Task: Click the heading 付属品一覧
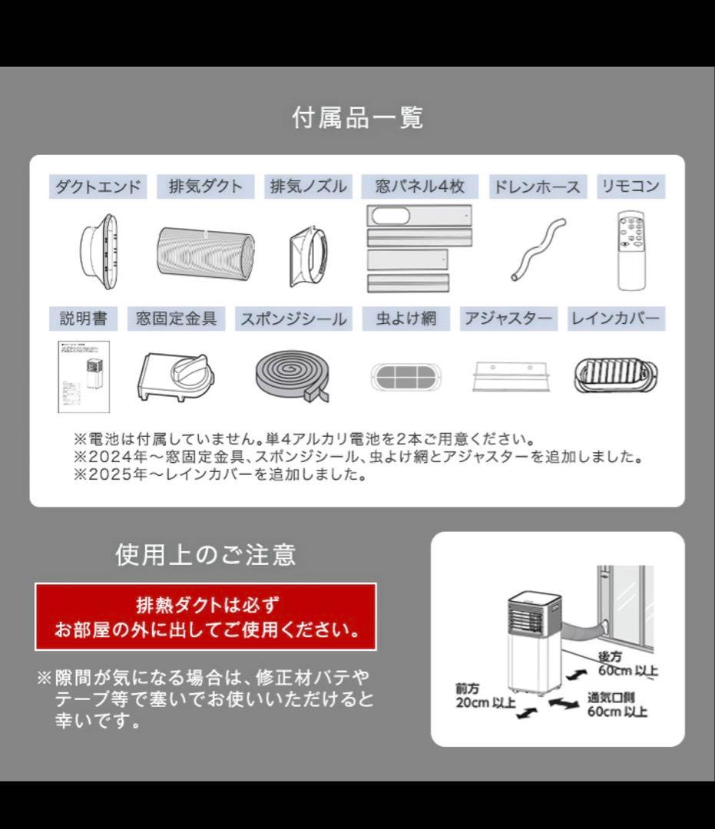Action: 357,118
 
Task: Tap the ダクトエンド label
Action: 98,187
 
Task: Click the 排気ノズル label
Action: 308,187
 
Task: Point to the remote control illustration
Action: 631,250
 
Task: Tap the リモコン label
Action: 630,187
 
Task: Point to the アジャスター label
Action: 508,319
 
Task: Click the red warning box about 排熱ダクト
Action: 205,616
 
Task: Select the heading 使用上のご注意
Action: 205,554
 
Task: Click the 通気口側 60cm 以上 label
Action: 617,705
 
